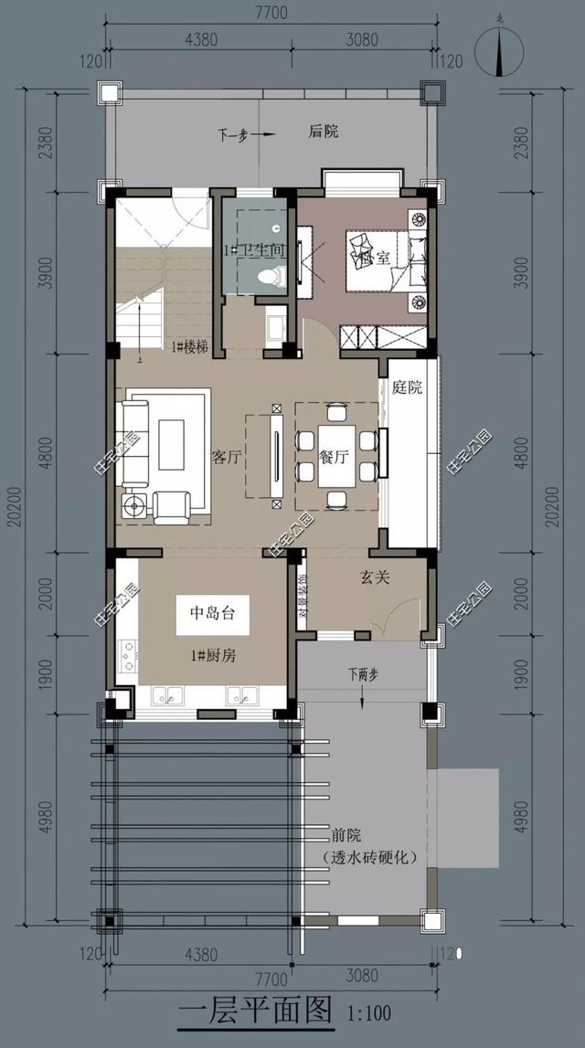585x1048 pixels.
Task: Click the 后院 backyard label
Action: (x=324, y=132)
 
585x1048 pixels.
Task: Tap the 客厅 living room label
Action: (x=226, y=458)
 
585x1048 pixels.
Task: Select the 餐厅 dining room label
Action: (x=335, y=458)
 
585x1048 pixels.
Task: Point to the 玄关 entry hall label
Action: (x=375, y=577)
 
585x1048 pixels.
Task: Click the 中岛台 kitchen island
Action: (x=212, y=614)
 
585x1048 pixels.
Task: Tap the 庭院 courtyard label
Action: (x=408, y=387)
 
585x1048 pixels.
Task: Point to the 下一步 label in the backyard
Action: (x=233, y=133)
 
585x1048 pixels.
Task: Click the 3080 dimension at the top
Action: (x=364, y=39)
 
